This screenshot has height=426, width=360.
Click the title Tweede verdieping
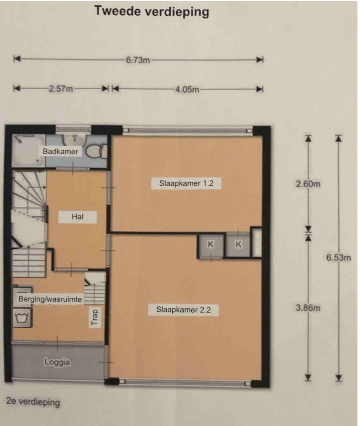(x=152, y=11)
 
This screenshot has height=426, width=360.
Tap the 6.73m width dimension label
(x=138, y=60)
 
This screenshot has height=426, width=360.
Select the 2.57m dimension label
(x=61, y=89)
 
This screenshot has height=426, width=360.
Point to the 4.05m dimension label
(x=187, y=89)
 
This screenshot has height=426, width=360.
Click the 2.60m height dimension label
(x=308, y=184)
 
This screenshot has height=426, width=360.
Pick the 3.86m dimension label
(x=308, y=308)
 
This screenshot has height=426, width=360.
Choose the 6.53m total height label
(x=338, y=257)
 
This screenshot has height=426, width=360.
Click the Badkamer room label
(x=60, y=151)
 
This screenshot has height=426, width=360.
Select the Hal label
(x=78, y=217)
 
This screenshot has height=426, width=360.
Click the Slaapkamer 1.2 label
(x=186, y=183)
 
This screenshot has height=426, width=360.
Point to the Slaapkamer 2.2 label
(x=183, y=310)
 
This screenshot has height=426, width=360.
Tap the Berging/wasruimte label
(x=50, y=299)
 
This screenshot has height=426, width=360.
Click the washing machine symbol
(x=22, y=317)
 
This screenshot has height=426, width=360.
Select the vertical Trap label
(x=94, y=317)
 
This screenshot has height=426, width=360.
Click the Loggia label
(x=57, y=362)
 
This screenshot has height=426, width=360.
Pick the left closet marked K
(x=211, y=244)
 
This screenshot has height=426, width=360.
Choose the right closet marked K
(x=238, y=244)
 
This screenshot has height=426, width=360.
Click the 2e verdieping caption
(x=33, y=402)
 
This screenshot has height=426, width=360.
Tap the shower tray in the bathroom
(x=28, y=150)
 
